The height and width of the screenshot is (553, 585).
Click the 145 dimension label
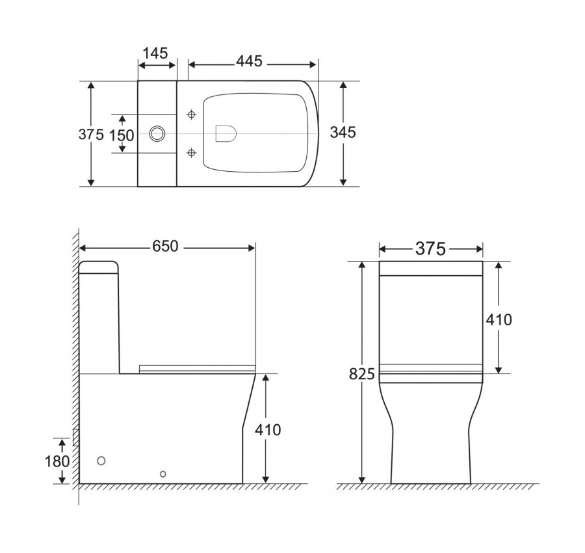point(155,53)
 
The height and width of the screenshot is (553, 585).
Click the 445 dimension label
point(249,61)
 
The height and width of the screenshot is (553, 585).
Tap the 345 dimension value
point(343,132)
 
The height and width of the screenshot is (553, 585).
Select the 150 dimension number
point(122,135)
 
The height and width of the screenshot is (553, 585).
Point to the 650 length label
point(165,247)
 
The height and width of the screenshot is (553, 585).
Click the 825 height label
point(361,374)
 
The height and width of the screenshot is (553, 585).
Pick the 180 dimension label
point(57,461)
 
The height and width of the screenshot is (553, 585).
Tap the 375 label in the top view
point(91,134)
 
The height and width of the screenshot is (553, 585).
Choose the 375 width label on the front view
point(430,249)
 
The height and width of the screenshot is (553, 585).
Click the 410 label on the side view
point(268,430)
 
